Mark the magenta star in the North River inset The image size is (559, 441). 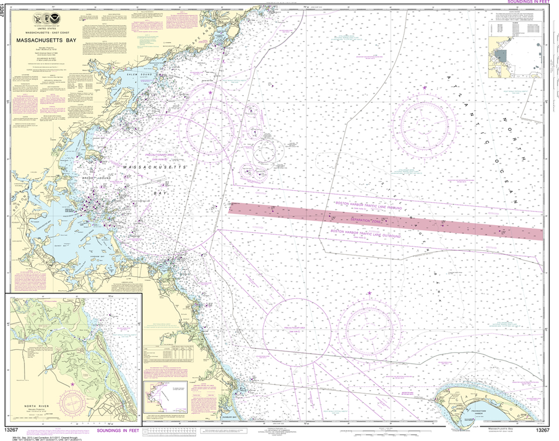(x=73, y=385)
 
